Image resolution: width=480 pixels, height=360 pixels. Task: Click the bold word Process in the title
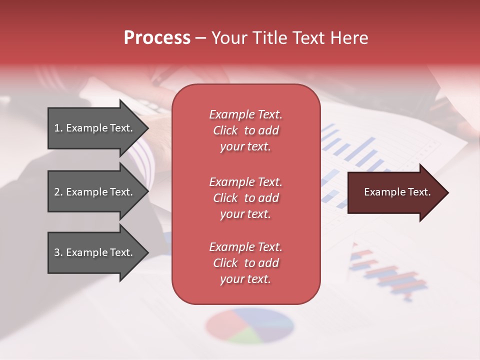[157, 38]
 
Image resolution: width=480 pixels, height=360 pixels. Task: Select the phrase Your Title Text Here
[289, 38]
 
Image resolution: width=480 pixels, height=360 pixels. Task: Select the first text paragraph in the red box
[245, 130]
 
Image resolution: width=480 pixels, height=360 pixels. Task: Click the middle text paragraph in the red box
[245, 198]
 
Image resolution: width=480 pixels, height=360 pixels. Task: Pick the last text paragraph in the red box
[245, 263]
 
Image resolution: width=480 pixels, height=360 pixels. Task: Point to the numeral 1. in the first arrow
[58, 128]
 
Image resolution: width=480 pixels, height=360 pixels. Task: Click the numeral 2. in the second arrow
[58, 192]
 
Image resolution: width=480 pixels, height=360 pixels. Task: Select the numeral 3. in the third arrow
[58, 252]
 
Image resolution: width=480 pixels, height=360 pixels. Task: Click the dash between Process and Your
[201, 38]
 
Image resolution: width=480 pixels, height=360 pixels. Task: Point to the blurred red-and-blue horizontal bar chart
[390, 272]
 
